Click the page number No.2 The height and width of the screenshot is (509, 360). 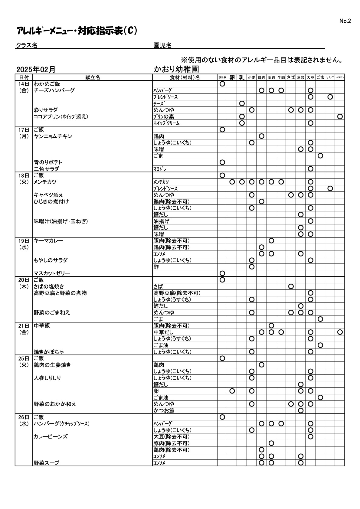(345, 21)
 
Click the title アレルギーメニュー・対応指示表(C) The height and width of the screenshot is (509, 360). (77, 31)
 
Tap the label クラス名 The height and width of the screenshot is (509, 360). (27, 45)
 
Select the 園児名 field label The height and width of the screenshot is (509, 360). (163, 45)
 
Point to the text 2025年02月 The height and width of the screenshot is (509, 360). (36, 69)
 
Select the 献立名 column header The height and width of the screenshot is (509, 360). (93, 77)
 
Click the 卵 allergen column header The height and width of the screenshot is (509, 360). (232, 77)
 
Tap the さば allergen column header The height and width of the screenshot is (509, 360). (291, 77)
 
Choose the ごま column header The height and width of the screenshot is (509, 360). (320, 77)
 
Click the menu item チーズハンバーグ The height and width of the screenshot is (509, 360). (54, 90)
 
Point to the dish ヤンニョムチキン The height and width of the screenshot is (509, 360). (53, 136)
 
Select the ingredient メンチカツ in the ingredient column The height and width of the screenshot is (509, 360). (161, 182)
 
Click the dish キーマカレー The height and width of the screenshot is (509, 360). (49, 241)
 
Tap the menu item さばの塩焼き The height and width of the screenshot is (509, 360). (49, 286)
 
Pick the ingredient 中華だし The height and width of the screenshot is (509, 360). (164, 332)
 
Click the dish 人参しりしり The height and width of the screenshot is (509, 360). (47, 378)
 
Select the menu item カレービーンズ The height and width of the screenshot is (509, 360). (51, 437)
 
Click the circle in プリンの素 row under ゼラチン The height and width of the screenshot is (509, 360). (340, 116)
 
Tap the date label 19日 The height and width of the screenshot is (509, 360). (24, 241)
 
